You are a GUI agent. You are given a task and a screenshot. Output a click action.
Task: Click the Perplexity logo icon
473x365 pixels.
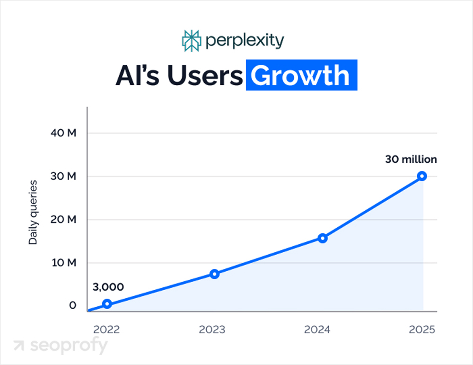pyautogui.click(x=192, y=41)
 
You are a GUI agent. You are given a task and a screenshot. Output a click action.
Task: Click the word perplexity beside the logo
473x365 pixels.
pyautogui.click(x=245, y=41)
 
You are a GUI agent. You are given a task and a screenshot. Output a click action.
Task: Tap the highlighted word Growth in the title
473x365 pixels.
pyautogui.click(x=301, y=76)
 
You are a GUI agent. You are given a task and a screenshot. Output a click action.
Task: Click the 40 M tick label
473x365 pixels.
pyautogui.click(x=63, y=133)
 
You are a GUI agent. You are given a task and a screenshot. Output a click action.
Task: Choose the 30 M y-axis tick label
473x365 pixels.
pyautogui.click(x=63, y=176)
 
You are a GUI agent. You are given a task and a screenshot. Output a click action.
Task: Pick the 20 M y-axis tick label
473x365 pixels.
pyautogui.click(x=63, y=220)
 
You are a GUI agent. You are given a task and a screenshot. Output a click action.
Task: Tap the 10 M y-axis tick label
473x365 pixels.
pyautogui.click(x=63, y=263)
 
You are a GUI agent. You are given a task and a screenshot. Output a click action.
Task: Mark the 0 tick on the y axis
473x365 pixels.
pyautogui.click(x=72, y=306)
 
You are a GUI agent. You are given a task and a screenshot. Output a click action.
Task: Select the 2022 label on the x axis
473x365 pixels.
pyautogui.click(x=107, y=329)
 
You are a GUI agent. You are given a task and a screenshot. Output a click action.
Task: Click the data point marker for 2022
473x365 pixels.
pyautogui.click(x=107, y=304)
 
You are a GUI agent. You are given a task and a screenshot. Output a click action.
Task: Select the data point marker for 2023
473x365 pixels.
pyautogui.click(x=214, y=274)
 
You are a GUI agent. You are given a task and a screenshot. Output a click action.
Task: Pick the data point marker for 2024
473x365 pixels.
pyautogui.click(x=323, y=238)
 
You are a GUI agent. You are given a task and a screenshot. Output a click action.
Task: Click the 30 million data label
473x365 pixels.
pyautogui.click(x=411, y=160)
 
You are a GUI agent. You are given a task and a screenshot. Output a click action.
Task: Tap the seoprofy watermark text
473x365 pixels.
pyautogui.click(x=69, y=346)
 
